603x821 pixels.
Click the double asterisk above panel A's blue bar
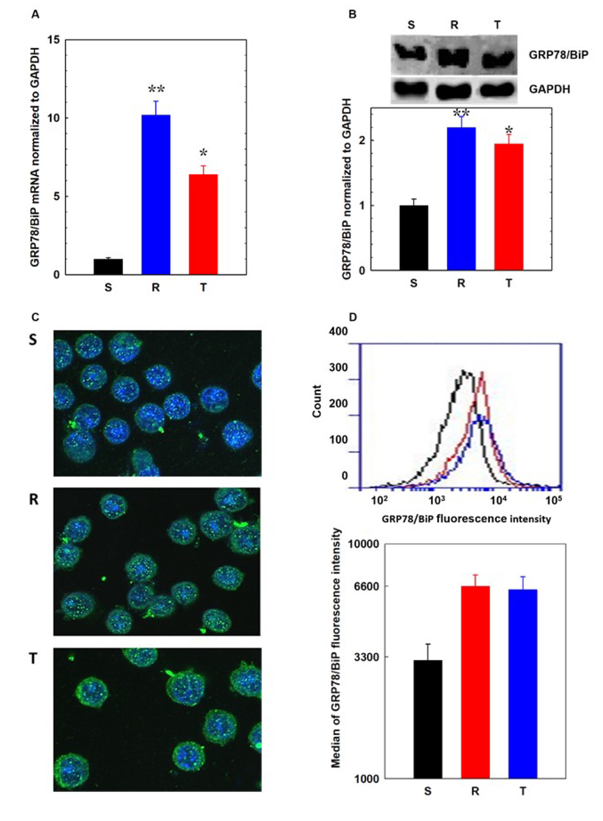tap(156, 89)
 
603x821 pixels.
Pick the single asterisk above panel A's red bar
tap(203, 152)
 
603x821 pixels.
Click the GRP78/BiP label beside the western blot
tap(558, 55)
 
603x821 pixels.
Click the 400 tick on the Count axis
tap(338, 331)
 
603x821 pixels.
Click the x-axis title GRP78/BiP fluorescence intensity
tap(466, 519)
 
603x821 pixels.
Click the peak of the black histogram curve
tap(464, 371)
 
